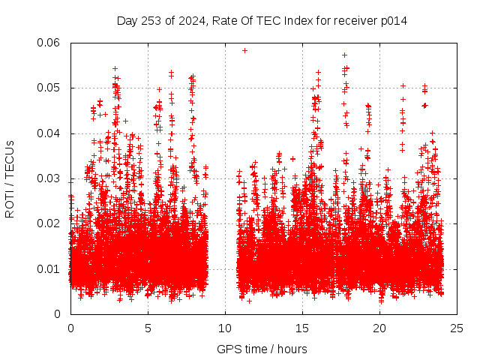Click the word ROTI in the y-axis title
click(9, 204)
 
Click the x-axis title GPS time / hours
click(262, 349)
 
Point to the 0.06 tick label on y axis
click(49, 43)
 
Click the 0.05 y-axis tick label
click(49, 88)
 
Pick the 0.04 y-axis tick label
click(49, 133)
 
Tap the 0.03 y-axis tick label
click(49, 178)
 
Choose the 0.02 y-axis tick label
click(49, 223)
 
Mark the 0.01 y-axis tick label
click(49, 268)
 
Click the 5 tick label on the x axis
click(148, 328)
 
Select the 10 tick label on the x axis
click(225, 328)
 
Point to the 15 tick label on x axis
click(302, 328)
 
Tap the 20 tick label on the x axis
click(379, 328)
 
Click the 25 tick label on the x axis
click(457, 328)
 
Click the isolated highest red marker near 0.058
click(245, 50)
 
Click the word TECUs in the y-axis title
click(9, 159)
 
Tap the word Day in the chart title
click(126, 20)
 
